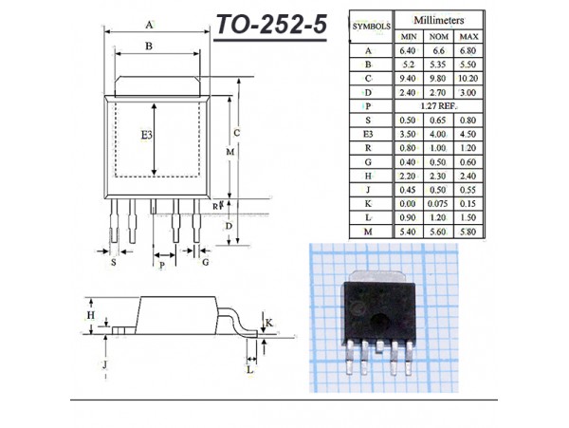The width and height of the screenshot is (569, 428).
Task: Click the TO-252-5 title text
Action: click(x=272, y=25)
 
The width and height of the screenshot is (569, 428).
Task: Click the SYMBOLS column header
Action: click(x=371, y=27)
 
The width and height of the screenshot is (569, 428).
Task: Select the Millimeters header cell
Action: click(x=439, y=20)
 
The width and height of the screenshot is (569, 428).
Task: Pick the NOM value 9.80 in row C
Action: click(x=438, y=79)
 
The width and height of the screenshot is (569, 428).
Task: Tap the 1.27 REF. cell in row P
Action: click(x=438, y=106)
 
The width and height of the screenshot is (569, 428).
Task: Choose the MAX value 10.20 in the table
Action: click(x=468, y=79)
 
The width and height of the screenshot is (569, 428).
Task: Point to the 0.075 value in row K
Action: click(x=437, y=204)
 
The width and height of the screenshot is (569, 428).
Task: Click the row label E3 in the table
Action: click(x=368, y=135)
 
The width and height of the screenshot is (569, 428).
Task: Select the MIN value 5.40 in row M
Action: click(x=407, y=232)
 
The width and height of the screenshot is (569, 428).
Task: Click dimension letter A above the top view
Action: click(x=149, y=25)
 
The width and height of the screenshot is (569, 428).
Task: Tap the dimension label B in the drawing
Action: click(x=149, y=47)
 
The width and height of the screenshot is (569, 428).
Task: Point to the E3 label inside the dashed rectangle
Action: click(x=147, y=136)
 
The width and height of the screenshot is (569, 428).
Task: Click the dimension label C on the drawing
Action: click(x=236, y=133)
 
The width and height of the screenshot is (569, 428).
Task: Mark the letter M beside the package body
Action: click(x=230, y=152)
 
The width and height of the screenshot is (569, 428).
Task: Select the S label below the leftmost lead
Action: click(x=114, y=262)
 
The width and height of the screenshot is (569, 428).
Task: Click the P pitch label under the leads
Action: click(x=162, y=266)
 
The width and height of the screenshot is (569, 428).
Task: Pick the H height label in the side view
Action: click(x=91, y=315)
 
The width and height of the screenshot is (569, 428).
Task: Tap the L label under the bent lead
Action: click(x=250, y=370)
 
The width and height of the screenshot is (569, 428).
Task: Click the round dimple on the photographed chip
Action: click(x=380, y=322)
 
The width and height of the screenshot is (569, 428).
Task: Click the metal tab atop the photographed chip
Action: click(x=378, y=276)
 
